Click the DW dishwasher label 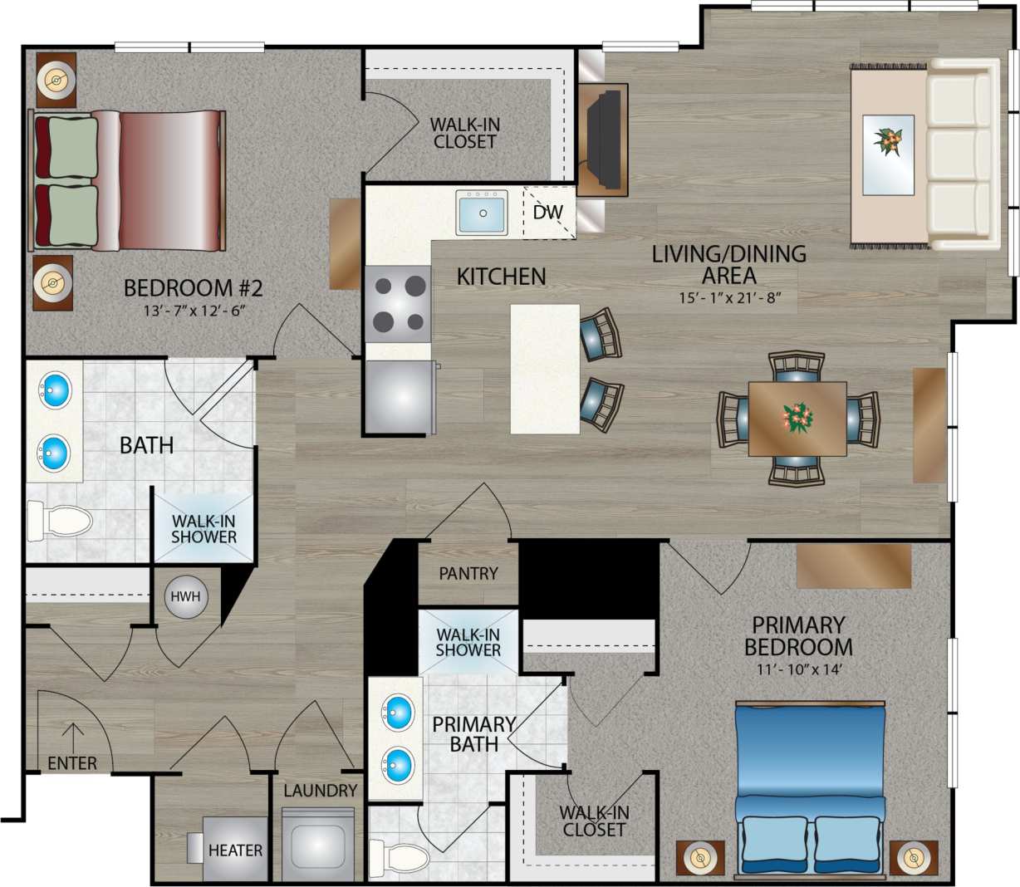(547, 213)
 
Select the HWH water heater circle (185, 596)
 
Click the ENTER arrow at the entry (73, 736)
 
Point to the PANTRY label (468, 574)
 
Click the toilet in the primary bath (399, 856)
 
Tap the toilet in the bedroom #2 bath (61, 521)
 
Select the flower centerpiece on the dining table (797, 418)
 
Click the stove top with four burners (398, 304)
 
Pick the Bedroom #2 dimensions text (194, 311)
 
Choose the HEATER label (235, 850)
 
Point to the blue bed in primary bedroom (810, 772)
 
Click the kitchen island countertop (545, 369)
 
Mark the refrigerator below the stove (400, 397)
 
